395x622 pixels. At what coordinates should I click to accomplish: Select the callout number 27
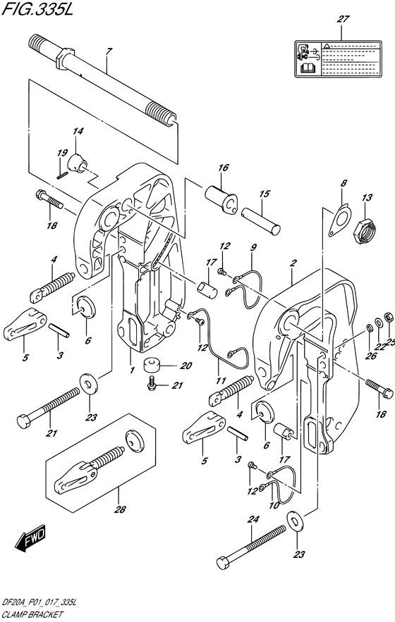(343, 20)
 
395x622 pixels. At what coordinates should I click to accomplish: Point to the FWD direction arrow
(30, 541)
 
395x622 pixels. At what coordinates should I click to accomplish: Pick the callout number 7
(109, 51)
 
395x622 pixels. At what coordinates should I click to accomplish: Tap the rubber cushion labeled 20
(153, 348)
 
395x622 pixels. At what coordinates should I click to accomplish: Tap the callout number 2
(291, 264)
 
